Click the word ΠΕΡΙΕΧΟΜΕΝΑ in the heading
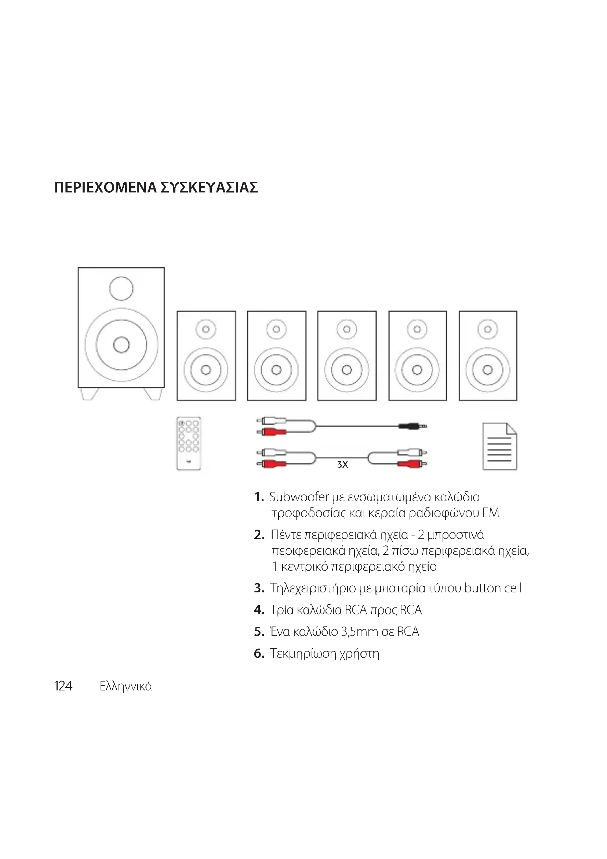pyautogui.click(x=105, y=187)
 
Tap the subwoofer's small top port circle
pyautogui.click(x=121, y=288)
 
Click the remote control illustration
pyautogui.click(x=188, y=443)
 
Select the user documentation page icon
pyautogui.click(x=500, y=446)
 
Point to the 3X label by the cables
pyautogui.click(x=342, y=465)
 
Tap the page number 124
pyautogui.click(x=63, y=686)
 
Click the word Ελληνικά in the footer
pyautogui.click(x=126, y=686)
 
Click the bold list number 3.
pyautogui.click(x=259, y=588)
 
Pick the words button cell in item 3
pyautogui.click(x=492, y=588)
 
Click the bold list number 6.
pyautogui.click(x=259, y=654)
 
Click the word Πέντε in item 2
pyautogui.click(x=286, y=535)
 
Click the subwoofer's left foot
pyautogui.click(x=90, y=394)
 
